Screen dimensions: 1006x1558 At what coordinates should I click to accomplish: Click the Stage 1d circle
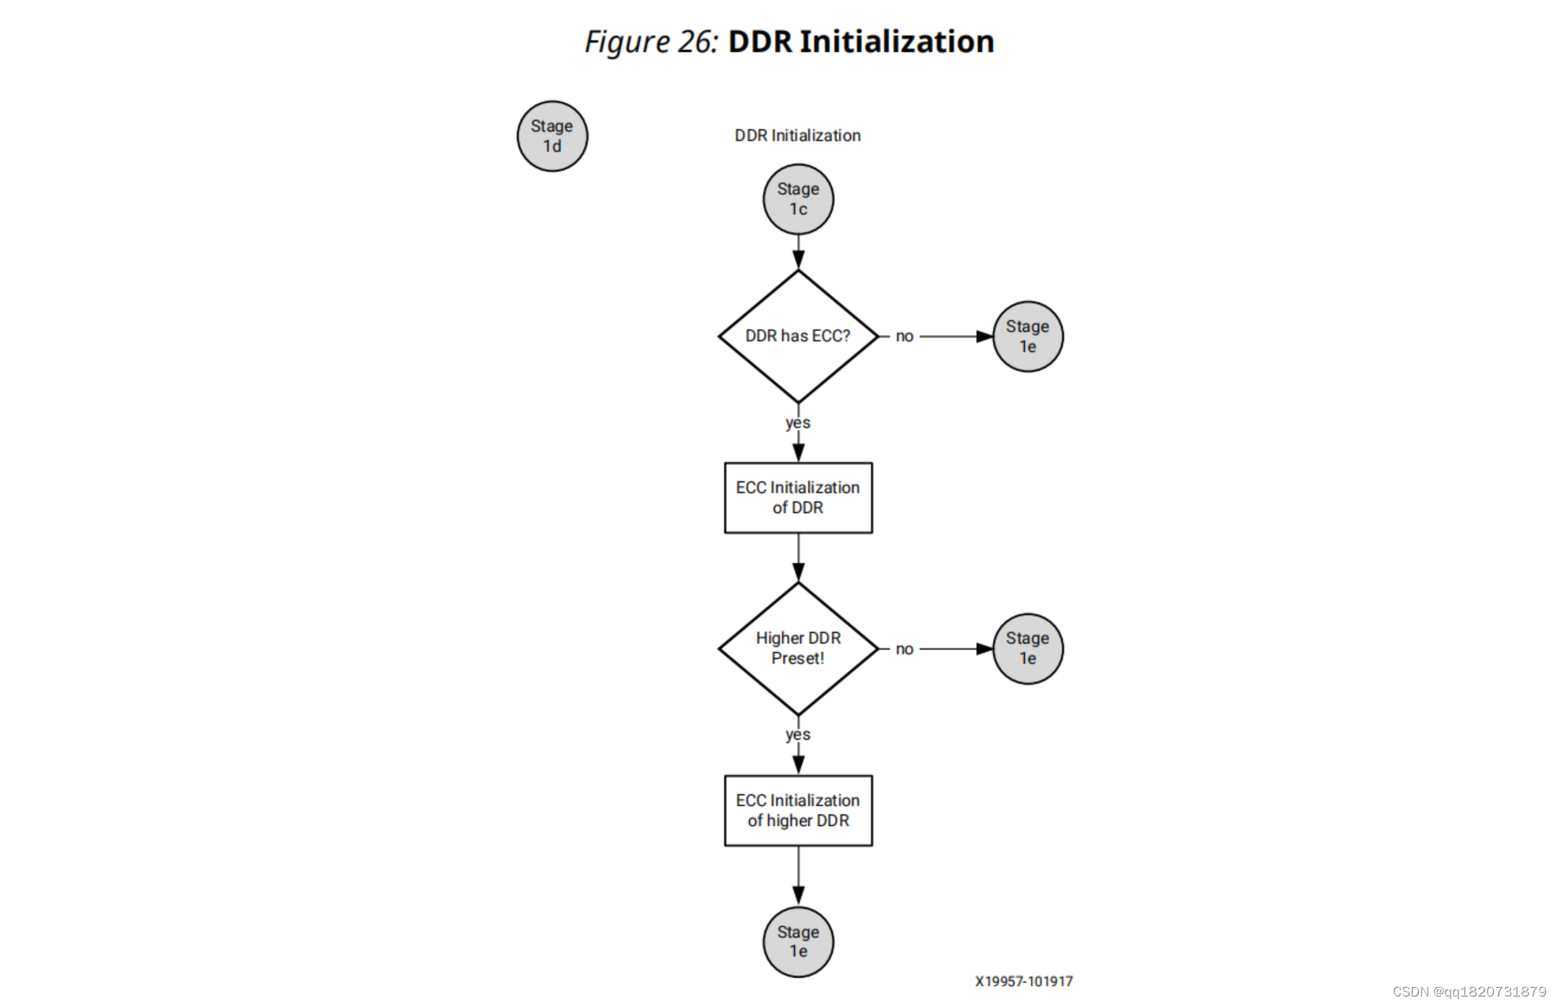tap(552, 136)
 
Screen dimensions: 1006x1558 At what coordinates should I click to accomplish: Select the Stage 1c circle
tap(798, 199)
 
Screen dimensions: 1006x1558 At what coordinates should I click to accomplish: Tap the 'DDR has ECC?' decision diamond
tap(798, 336)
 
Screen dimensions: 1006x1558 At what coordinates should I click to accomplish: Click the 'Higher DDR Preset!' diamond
tap(798, 648)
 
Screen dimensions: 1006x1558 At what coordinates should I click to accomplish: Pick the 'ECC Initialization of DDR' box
tap(798, 498)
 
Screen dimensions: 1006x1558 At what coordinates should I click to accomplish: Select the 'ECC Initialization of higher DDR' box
tap(798, 811)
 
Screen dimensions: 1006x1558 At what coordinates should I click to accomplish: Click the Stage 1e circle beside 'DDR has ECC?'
tap(1027, 337)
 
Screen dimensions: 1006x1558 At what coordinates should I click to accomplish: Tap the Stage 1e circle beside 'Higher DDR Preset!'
tap(1027, 649)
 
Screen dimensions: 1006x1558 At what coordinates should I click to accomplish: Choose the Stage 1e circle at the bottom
tap(798, 942)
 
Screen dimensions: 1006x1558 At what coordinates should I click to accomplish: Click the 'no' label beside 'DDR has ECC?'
tap(905, 337)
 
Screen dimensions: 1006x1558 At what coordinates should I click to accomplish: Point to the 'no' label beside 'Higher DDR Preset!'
tap(905, 649)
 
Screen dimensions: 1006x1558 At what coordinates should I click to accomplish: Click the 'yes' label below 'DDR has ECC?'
tap(798, 423)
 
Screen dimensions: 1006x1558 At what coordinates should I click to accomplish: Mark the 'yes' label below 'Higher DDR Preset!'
tap(798, 735)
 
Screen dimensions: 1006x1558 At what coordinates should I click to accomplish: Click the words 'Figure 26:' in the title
tap(651, 42)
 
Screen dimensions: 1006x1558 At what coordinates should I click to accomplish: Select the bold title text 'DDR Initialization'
tap(860, 42)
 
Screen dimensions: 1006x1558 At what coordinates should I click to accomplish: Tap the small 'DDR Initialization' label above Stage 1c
tap(798, 135)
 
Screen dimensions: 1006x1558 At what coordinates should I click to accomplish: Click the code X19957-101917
tap(1024, 982)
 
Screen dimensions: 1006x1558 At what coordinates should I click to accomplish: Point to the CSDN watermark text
tap(1469, 992)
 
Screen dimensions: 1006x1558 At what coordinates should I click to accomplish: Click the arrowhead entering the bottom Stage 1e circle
tap(798, 896)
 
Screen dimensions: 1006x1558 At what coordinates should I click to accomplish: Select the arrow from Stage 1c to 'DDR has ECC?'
tap(798, 251)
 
